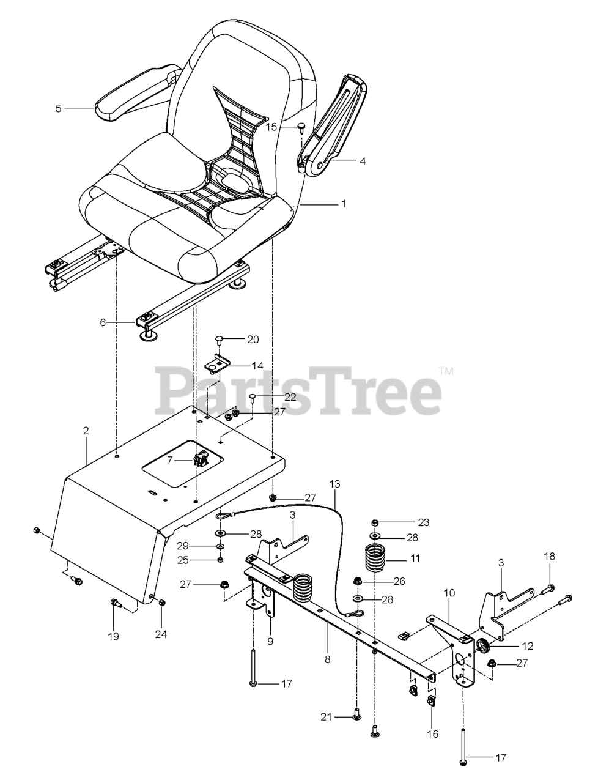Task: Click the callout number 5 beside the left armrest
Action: point(58,108)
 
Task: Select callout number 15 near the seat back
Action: point(272,127)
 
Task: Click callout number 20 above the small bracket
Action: point(253,339)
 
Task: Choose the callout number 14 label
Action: point(257,365)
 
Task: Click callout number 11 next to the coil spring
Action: point(415,558)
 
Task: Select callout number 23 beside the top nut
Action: point(423,522)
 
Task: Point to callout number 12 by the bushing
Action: point(527,645)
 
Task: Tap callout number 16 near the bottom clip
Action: point(433,734)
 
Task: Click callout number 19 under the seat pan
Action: point(114,636)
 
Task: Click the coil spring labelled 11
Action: point(377,557)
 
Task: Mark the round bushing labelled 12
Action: point(481,645)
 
